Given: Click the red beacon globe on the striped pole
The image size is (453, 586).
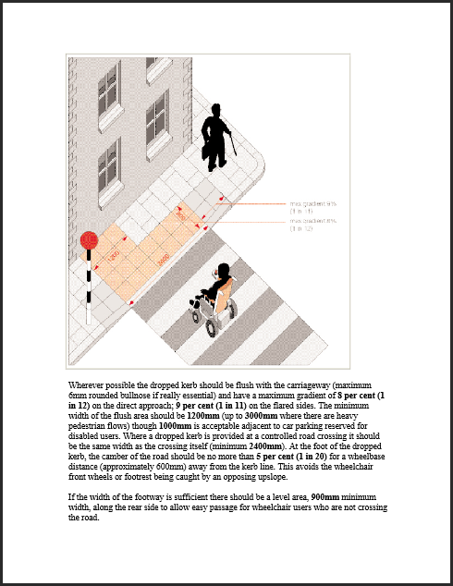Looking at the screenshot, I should [90, 239].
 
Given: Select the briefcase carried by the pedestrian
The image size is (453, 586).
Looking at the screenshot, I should [208, 151].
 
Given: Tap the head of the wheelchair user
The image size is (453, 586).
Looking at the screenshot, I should [222, 271].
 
